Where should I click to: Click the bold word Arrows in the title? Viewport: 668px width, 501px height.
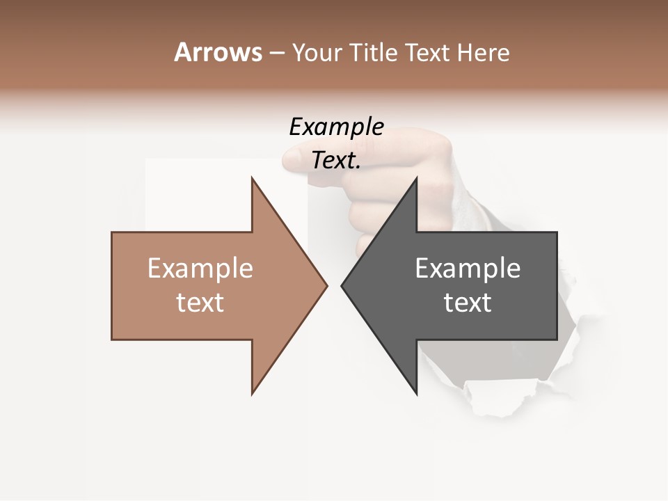tap(218, 52)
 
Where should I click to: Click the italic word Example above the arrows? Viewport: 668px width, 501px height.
tap(336, 127)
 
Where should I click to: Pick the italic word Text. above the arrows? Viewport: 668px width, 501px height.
tap(336, 160)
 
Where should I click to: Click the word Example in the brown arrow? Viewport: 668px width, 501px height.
tap(200, 268)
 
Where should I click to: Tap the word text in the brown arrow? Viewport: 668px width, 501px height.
tap(200, 302)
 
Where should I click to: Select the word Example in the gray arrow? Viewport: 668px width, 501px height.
tap(468, 268)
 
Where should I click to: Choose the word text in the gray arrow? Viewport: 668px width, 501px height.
tap(468, 302)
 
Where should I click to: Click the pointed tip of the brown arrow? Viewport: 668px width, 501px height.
tap(327, 285)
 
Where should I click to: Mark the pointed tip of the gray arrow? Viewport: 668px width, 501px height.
tap(342, 285)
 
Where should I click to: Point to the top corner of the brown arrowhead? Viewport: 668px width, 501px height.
tap(252, 177)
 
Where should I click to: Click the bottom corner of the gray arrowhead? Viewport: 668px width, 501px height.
tap(417, 394)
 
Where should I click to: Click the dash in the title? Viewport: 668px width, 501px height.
tap(276, 53)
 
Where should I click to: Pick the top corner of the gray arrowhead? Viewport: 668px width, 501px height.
tap(417, 177)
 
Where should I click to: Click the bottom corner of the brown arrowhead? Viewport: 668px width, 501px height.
tap(252, 394)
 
